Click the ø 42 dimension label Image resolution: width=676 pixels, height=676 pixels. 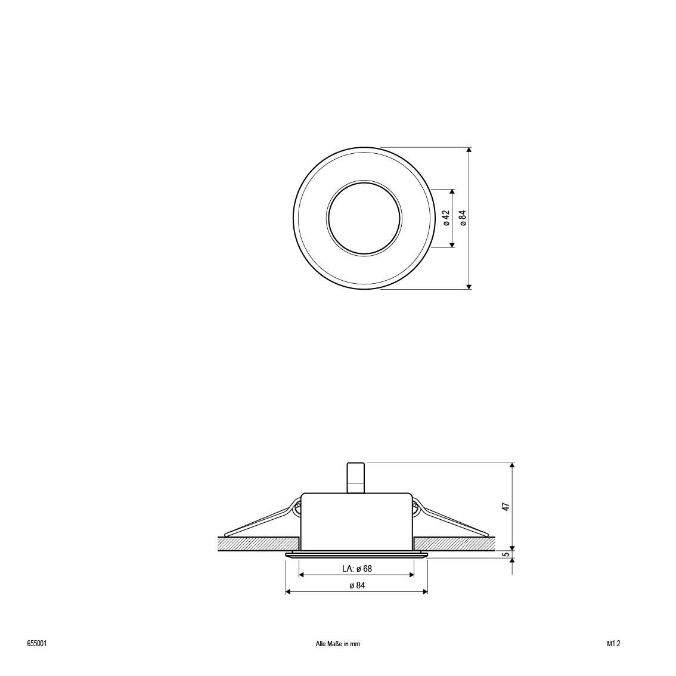(446, 218)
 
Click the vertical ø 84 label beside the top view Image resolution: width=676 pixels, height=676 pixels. (463, 218)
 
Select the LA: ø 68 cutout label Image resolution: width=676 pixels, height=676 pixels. (356, 569)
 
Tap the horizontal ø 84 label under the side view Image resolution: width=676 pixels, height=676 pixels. (356, 585)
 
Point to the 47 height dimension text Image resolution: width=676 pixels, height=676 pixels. (506, 507)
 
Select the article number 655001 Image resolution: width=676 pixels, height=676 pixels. (37, 644)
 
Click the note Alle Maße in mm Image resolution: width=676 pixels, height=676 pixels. (337, 644)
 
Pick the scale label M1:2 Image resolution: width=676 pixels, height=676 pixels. (613, 644)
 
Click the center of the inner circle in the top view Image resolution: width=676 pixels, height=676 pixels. (364, 218)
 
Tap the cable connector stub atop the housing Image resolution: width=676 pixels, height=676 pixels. (356, 477)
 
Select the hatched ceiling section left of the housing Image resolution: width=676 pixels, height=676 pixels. (258, 543)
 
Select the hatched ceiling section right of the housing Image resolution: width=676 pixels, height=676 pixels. (454, 543)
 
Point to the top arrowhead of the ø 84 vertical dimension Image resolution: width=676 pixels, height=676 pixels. (469, 151)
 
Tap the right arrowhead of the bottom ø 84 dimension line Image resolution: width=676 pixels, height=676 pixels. (425, 591)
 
